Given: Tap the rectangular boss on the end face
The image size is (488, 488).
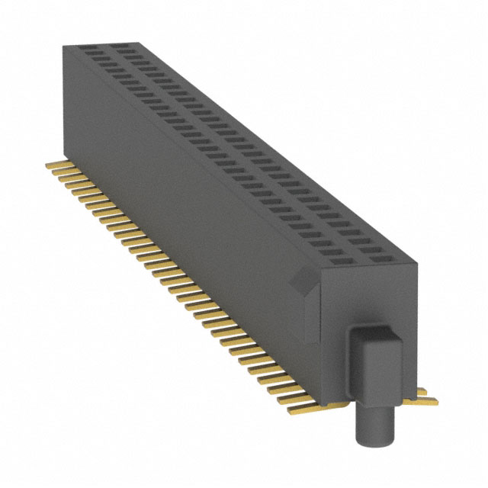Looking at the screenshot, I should point(373,358).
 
